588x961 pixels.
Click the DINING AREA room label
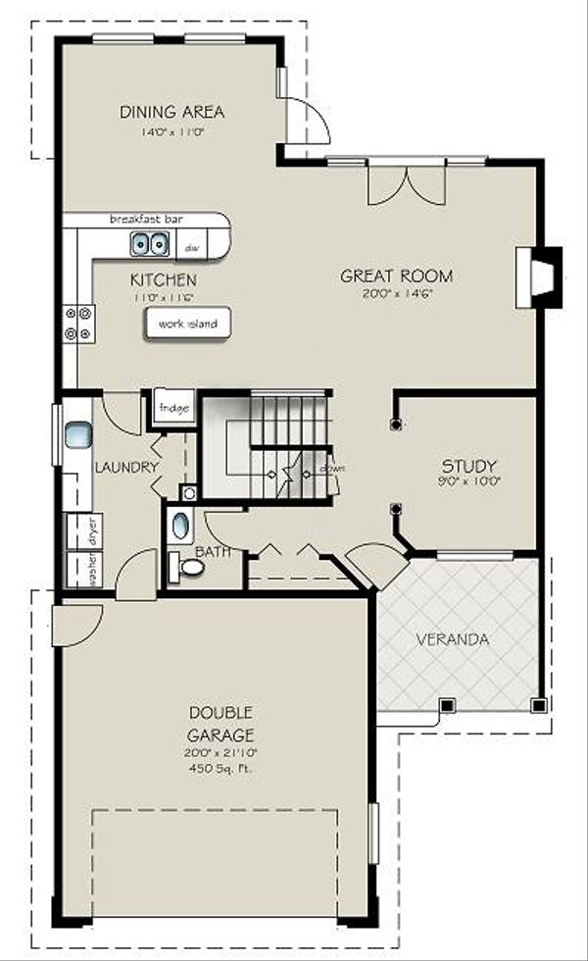172,111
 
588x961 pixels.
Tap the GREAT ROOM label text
396,276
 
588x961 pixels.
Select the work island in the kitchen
188,324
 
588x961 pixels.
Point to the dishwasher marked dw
193,247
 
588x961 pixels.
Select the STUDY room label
468,466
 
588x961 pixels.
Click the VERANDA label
452,639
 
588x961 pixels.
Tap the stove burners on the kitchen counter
79,324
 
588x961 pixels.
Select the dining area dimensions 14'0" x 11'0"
172,130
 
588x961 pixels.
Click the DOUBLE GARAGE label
221,723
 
